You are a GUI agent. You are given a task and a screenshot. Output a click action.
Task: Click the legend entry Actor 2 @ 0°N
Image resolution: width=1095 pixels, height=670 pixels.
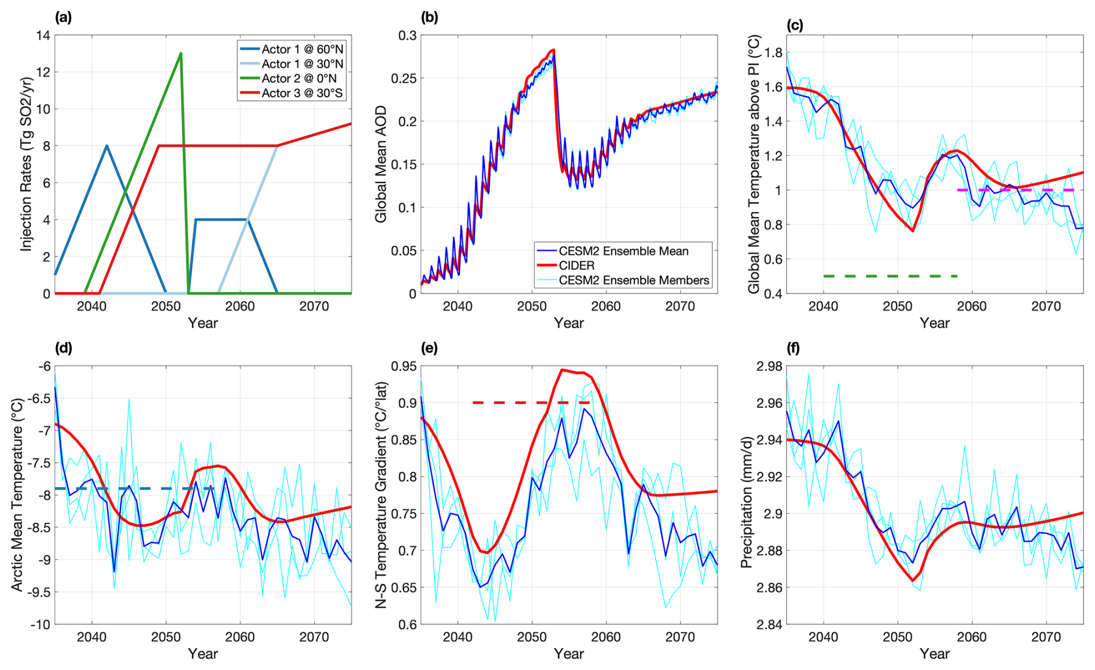[299, 78]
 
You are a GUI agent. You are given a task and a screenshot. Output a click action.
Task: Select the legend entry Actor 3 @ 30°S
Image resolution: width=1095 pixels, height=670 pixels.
[302, 93]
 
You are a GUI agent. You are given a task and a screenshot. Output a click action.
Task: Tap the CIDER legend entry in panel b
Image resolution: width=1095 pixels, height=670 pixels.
[576, 265]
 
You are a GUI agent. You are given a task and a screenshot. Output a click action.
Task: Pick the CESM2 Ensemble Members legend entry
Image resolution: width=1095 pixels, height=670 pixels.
[634, 280]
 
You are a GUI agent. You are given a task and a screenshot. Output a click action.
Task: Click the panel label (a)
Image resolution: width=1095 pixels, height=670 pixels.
[63, 17]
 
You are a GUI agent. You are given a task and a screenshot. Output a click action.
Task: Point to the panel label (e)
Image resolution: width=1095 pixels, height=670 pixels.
[429, 348]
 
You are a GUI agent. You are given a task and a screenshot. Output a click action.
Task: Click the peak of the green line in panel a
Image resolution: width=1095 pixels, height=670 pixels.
[181, 54]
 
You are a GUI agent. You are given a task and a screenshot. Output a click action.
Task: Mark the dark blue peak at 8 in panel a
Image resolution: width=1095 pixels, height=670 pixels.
[107, 146]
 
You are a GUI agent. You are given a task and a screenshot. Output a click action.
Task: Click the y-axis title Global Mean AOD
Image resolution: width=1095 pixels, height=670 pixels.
[381, 164]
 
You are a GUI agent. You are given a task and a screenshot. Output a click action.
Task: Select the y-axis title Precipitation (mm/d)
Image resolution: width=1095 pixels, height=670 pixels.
[747, 495]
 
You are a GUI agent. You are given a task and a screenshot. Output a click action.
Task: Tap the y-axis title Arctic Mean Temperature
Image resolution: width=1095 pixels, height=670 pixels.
[16, 495]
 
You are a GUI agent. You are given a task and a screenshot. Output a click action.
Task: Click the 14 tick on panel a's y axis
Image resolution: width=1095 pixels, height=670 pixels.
[43, 35]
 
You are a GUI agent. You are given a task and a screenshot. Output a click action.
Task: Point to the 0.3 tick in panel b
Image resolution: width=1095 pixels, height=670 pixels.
[407, 35]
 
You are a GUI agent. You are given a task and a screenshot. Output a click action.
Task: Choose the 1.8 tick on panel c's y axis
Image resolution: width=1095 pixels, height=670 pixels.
[774, 53]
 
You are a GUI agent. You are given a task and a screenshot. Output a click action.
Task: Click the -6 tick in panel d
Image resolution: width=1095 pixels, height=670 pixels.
[45, 366]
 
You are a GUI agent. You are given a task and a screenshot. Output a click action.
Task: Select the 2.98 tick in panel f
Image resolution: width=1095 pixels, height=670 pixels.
[769, 366]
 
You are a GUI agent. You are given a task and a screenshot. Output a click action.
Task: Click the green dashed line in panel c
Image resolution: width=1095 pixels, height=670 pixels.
[890, 276]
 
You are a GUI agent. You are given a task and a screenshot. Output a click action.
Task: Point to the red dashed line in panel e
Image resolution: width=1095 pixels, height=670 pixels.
[531, 402]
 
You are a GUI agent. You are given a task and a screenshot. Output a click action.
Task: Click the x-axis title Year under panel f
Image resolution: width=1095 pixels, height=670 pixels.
[934, 654]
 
